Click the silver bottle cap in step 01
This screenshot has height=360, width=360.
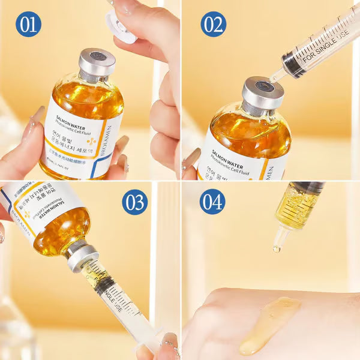click(97, 62)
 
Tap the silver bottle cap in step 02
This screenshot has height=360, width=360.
click(262, 92)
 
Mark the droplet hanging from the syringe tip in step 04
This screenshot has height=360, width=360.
click(277, 248)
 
